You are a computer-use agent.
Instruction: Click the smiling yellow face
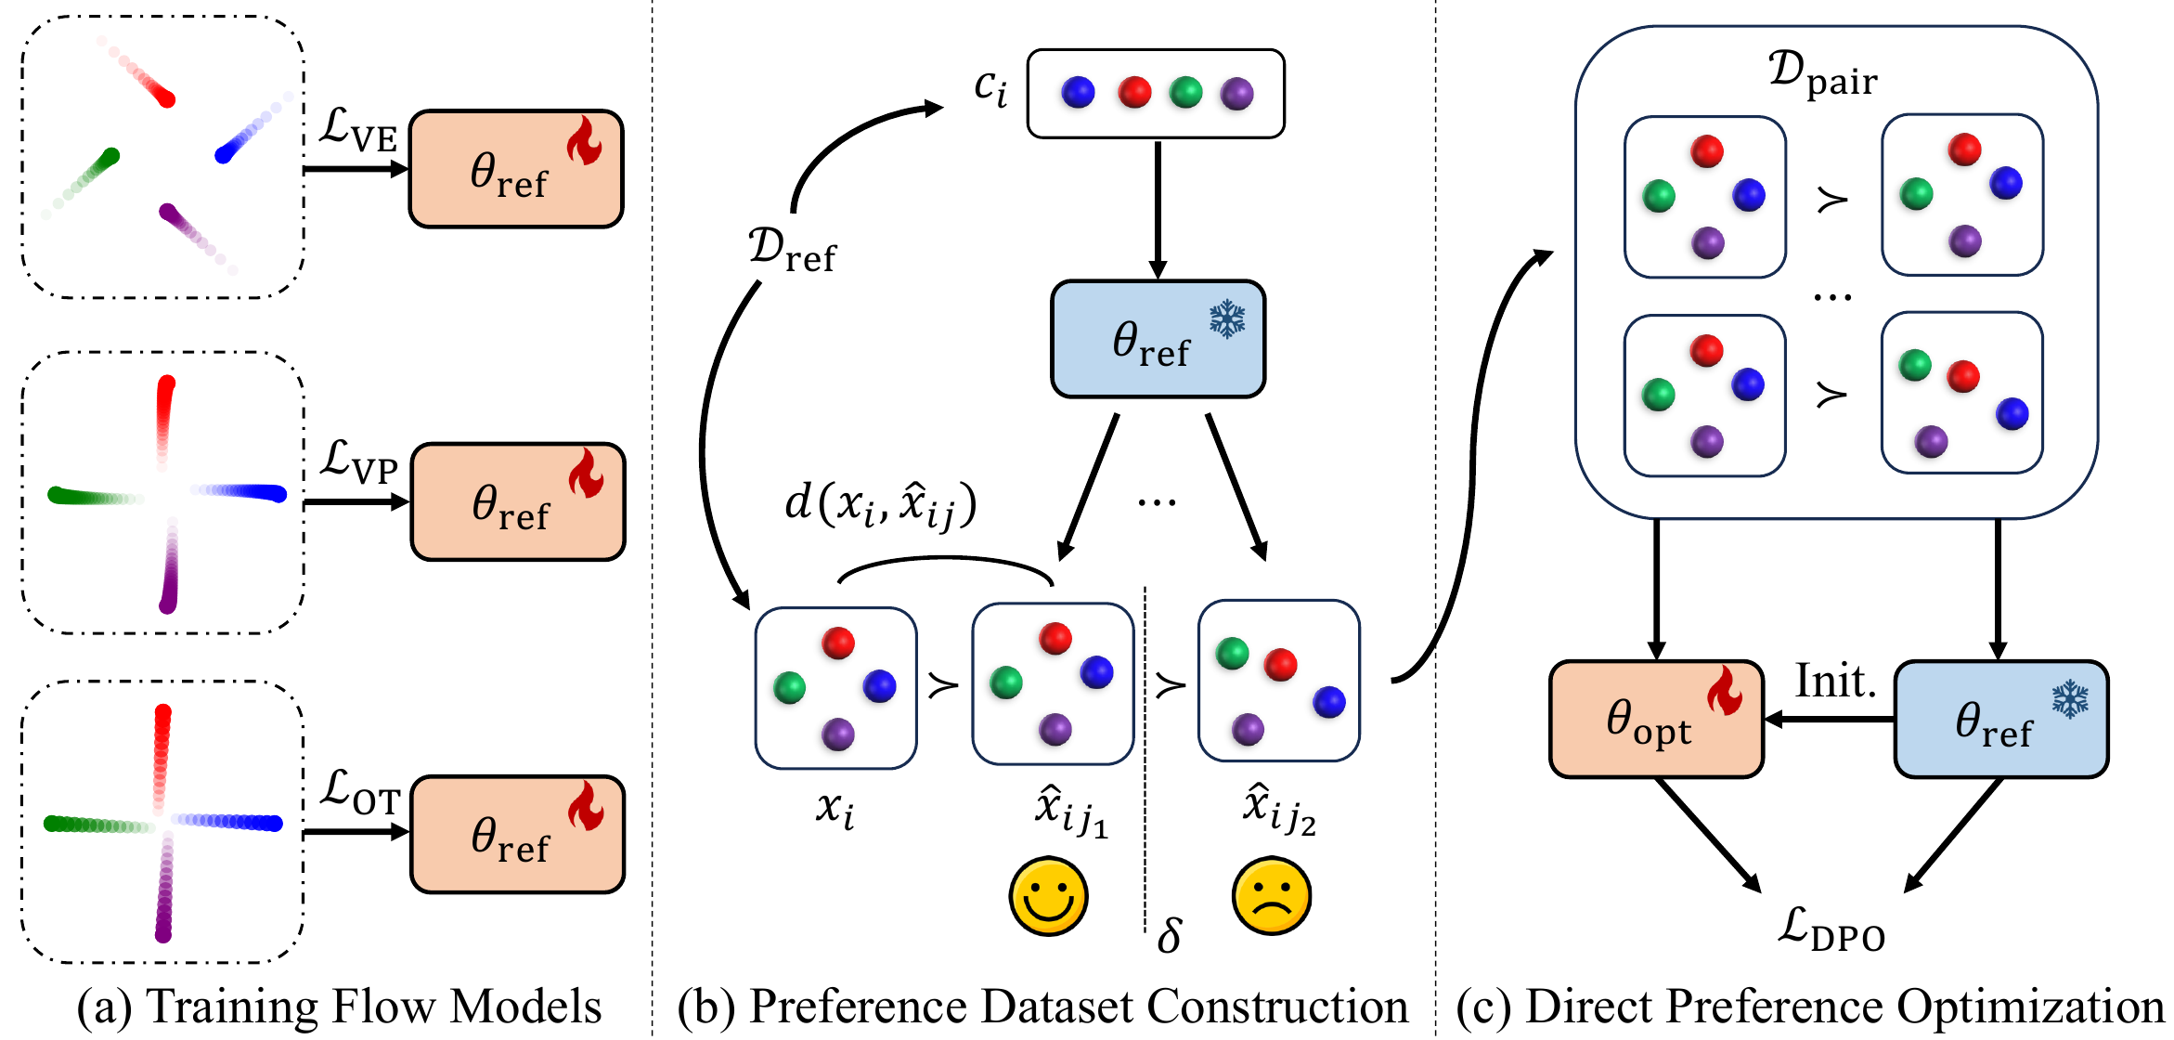(1048, 896)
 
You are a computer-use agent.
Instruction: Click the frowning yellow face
(1272, 896)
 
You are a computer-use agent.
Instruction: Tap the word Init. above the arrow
(1835, 681)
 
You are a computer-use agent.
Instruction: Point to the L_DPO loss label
(1831, 929)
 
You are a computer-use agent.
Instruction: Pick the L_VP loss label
(358, 461)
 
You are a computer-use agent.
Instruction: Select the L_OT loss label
(360, 792)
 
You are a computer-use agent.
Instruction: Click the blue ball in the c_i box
(1078, 92)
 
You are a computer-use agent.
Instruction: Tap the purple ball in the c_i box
(1236, 93)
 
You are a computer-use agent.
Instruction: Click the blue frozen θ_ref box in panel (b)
(1158, 339)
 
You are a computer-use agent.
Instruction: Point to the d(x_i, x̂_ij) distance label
(881, 506)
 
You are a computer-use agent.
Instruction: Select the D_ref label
(792, 250)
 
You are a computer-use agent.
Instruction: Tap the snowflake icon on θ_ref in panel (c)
(2069, 699)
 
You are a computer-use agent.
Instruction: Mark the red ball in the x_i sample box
(837, 643)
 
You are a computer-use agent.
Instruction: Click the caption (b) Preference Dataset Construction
(1043, 1007)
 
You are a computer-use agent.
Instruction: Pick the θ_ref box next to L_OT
(518, 834)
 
